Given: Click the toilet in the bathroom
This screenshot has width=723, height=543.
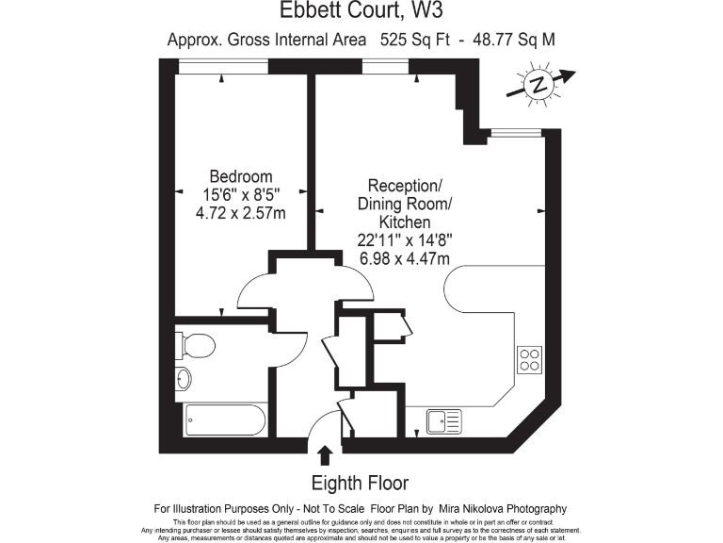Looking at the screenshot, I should [197, 344].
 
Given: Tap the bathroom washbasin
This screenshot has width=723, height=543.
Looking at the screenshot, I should [184, 378].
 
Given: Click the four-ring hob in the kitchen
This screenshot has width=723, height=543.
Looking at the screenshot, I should [530, 358].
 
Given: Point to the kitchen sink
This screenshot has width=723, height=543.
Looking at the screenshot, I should [443, 420].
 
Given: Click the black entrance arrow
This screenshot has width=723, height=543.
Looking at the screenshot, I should [326, 456].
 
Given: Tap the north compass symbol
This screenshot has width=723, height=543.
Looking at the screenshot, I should [538, 84].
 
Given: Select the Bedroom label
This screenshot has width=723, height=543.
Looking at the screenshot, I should [241, 176].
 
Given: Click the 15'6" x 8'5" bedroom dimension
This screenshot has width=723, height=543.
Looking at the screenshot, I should [241, 194].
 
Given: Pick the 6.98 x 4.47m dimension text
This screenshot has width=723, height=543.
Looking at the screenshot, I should [403, 258].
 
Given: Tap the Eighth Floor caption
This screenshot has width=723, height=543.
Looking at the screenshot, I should [360, 484].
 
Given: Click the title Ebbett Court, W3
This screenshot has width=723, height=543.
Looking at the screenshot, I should [361, 12].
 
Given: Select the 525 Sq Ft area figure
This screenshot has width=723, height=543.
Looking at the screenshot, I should [413, 40].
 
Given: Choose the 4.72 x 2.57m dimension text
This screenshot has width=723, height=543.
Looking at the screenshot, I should [241, 213].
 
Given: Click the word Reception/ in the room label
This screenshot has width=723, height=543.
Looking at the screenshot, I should [404, 185].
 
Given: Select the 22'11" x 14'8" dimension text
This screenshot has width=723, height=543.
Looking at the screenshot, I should [404, 240].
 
